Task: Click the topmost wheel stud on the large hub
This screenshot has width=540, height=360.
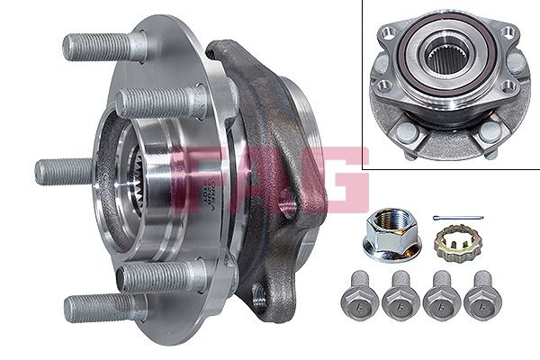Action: click(x=99, y=45)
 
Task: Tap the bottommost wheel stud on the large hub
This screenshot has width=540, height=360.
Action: click(x=99, y=307)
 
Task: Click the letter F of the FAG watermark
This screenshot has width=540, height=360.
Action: click(x=196, y=176)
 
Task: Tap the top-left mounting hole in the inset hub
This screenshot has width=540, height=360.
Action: click(x=388, y=35)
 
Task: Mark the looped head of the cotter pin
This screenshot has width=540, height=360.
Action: click(x=435, y=217)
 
